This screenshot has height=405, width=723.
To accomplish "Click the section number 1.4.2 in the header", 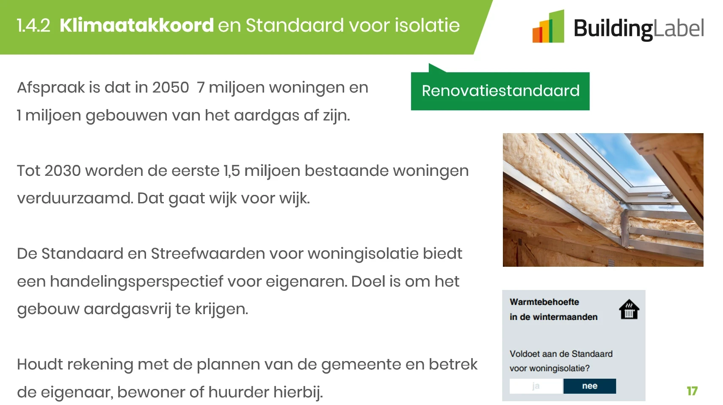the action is (x=33, y=25).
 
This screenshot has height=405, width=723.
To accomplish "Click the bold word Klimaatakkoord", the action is (x=137, y=25).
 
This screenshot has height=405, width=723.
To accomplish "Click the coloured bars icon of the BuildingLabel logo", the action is (x=548, y=26).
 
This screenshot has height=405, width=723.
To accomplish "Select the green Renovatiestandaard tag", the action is (x=500, y=90).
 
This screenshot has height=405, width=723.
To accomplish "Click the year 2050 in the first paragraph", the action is (x=171, y=88).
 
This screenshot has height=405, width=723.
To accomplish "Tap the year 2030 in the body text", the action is (x=62, y=170).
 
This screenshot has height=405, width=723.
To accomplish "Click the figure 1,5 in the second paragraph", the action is (x=232, y=171).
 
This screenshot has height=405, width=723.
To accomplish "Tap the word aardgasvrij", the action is (x=127, y=309).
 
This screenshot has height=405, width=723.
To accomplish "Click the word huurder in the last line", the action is (x=239, y=392).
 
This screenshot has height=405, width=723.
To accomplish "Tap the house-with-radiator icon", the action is (x=629, y=309).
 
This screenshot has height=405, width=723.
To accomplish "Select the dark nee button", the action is (x=590, y=386).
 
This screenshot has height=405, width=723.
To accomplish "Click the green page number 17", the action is (x=693, y=391).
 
